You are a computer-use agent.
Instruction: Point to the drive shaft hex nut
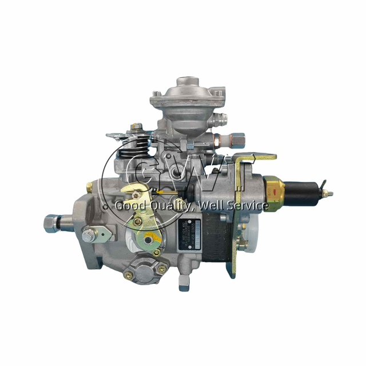pos(51,221)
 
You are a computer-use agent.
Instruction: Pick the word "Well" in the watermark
pos(210,205)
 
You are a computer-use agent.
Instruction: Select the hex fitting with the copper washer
pos(234,138)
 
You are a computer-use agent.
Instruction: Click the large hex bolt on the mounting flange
pos(88,236)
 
